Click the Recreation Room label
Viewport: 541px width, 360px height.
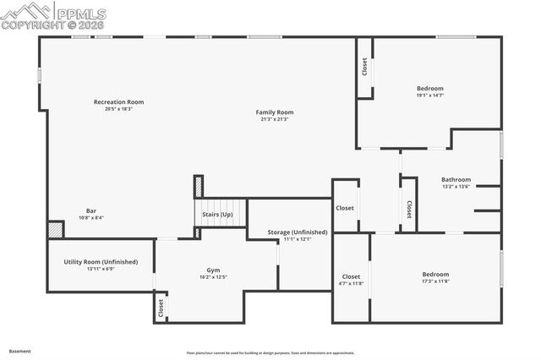pos(118,101)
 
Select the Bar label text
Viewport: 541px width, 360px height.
pos(90,210)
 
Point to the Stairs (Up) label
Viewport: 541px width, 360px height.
pos(217,215)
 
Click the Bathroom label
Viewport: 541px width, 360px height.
pos(456,179)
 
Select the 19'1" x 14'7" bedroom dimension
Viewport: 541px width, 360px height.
pos(429,95)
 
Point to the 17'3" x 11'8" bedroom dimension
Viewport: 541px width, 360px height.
pos(435,281)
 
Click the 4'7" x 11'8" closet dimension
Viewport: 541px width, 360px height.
pos(351,283)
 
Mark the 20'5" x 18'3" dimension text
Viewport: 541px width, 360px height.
pos(118,108)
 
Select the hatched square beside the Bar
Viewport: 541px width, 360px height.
pos(55,229)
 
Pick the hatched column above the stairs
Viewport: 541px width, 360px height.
pos(199,186)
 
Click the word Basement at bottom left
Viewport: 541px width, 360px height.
pos(19,350)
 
